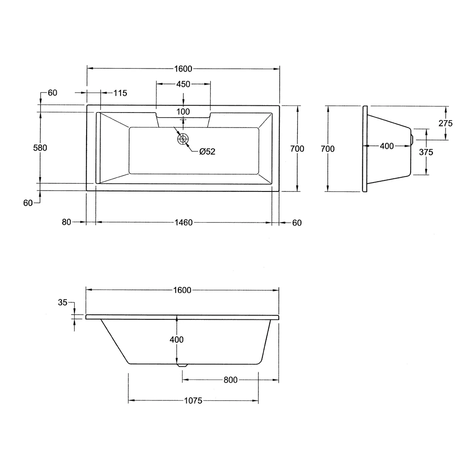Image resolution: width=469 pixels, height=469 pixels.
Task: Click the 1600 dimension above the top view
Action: pos(183,69)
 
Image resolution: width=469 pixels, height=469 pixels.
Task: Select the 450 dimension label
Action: pos(183,84)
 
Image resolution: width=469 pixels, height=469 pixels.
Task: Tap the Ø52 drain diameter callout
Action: pos(207,151)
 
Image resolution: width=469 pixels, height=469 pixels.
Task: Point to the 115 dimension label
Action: pos(120,93)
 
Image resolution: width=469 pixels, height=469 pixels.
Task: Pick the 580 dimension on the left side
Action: pos(40,148)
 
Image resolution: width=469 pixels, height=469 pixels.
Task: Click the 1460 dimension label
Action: pos(183,223)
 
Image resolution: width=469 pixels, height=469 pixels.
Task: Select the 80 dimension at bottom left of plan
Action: pos(67,222)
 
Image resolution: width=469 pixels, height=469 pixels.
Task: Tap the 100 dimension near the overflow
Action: pos(183,112)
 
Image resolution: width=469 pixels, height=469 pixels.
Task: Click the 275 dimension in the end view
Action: pos(445,123)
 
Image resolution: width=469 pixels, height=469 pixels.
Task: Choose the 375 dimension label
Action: pos(426,152)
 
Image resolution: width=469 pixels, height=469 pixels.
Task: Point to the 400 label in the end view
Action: pos(387,146)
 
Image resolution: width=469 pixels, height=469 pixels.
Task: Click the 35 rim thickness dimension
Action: pos(63,303)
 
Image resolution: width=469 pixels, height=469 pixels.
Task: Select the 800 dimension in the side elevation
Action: pos(230,380)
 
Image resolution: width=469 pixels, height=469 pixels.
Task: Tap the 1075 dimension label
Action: pos(194,401)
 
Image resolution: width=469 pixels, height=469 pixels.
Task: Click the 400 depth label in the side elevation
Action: pos(177,339)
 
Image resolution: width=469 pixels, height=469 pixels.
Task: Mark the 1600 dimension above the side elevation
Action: pos(182,290)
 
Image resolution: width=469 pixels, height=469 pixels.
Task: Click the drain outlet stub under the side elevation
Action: pos(182,365)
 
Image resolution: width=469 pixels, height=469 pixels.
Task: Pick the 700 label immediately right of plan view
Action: pos(297,148)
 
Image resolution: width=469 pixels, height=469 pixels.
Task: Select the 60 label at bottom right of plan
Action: pos(297,223)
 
